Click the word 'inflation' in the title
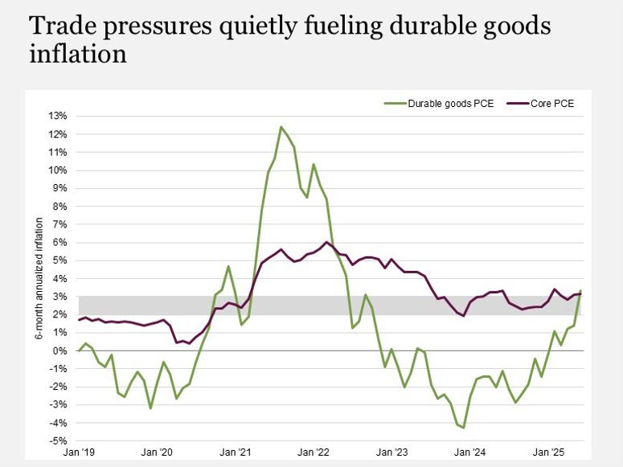tap(78, 55)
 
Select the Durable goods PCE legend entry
tap(439, 103)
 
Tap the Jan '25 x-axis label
tap(548, 453)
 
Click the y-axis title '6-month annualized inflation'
tap(38, 277)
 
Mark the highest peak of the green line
tap(281, 126)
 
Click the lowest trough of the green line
tap(464, 428)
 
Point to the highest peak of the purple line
tap(326, 242)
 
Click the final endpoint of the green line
tap(580, 291)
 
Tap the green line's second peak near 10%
tap(314, 164)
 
